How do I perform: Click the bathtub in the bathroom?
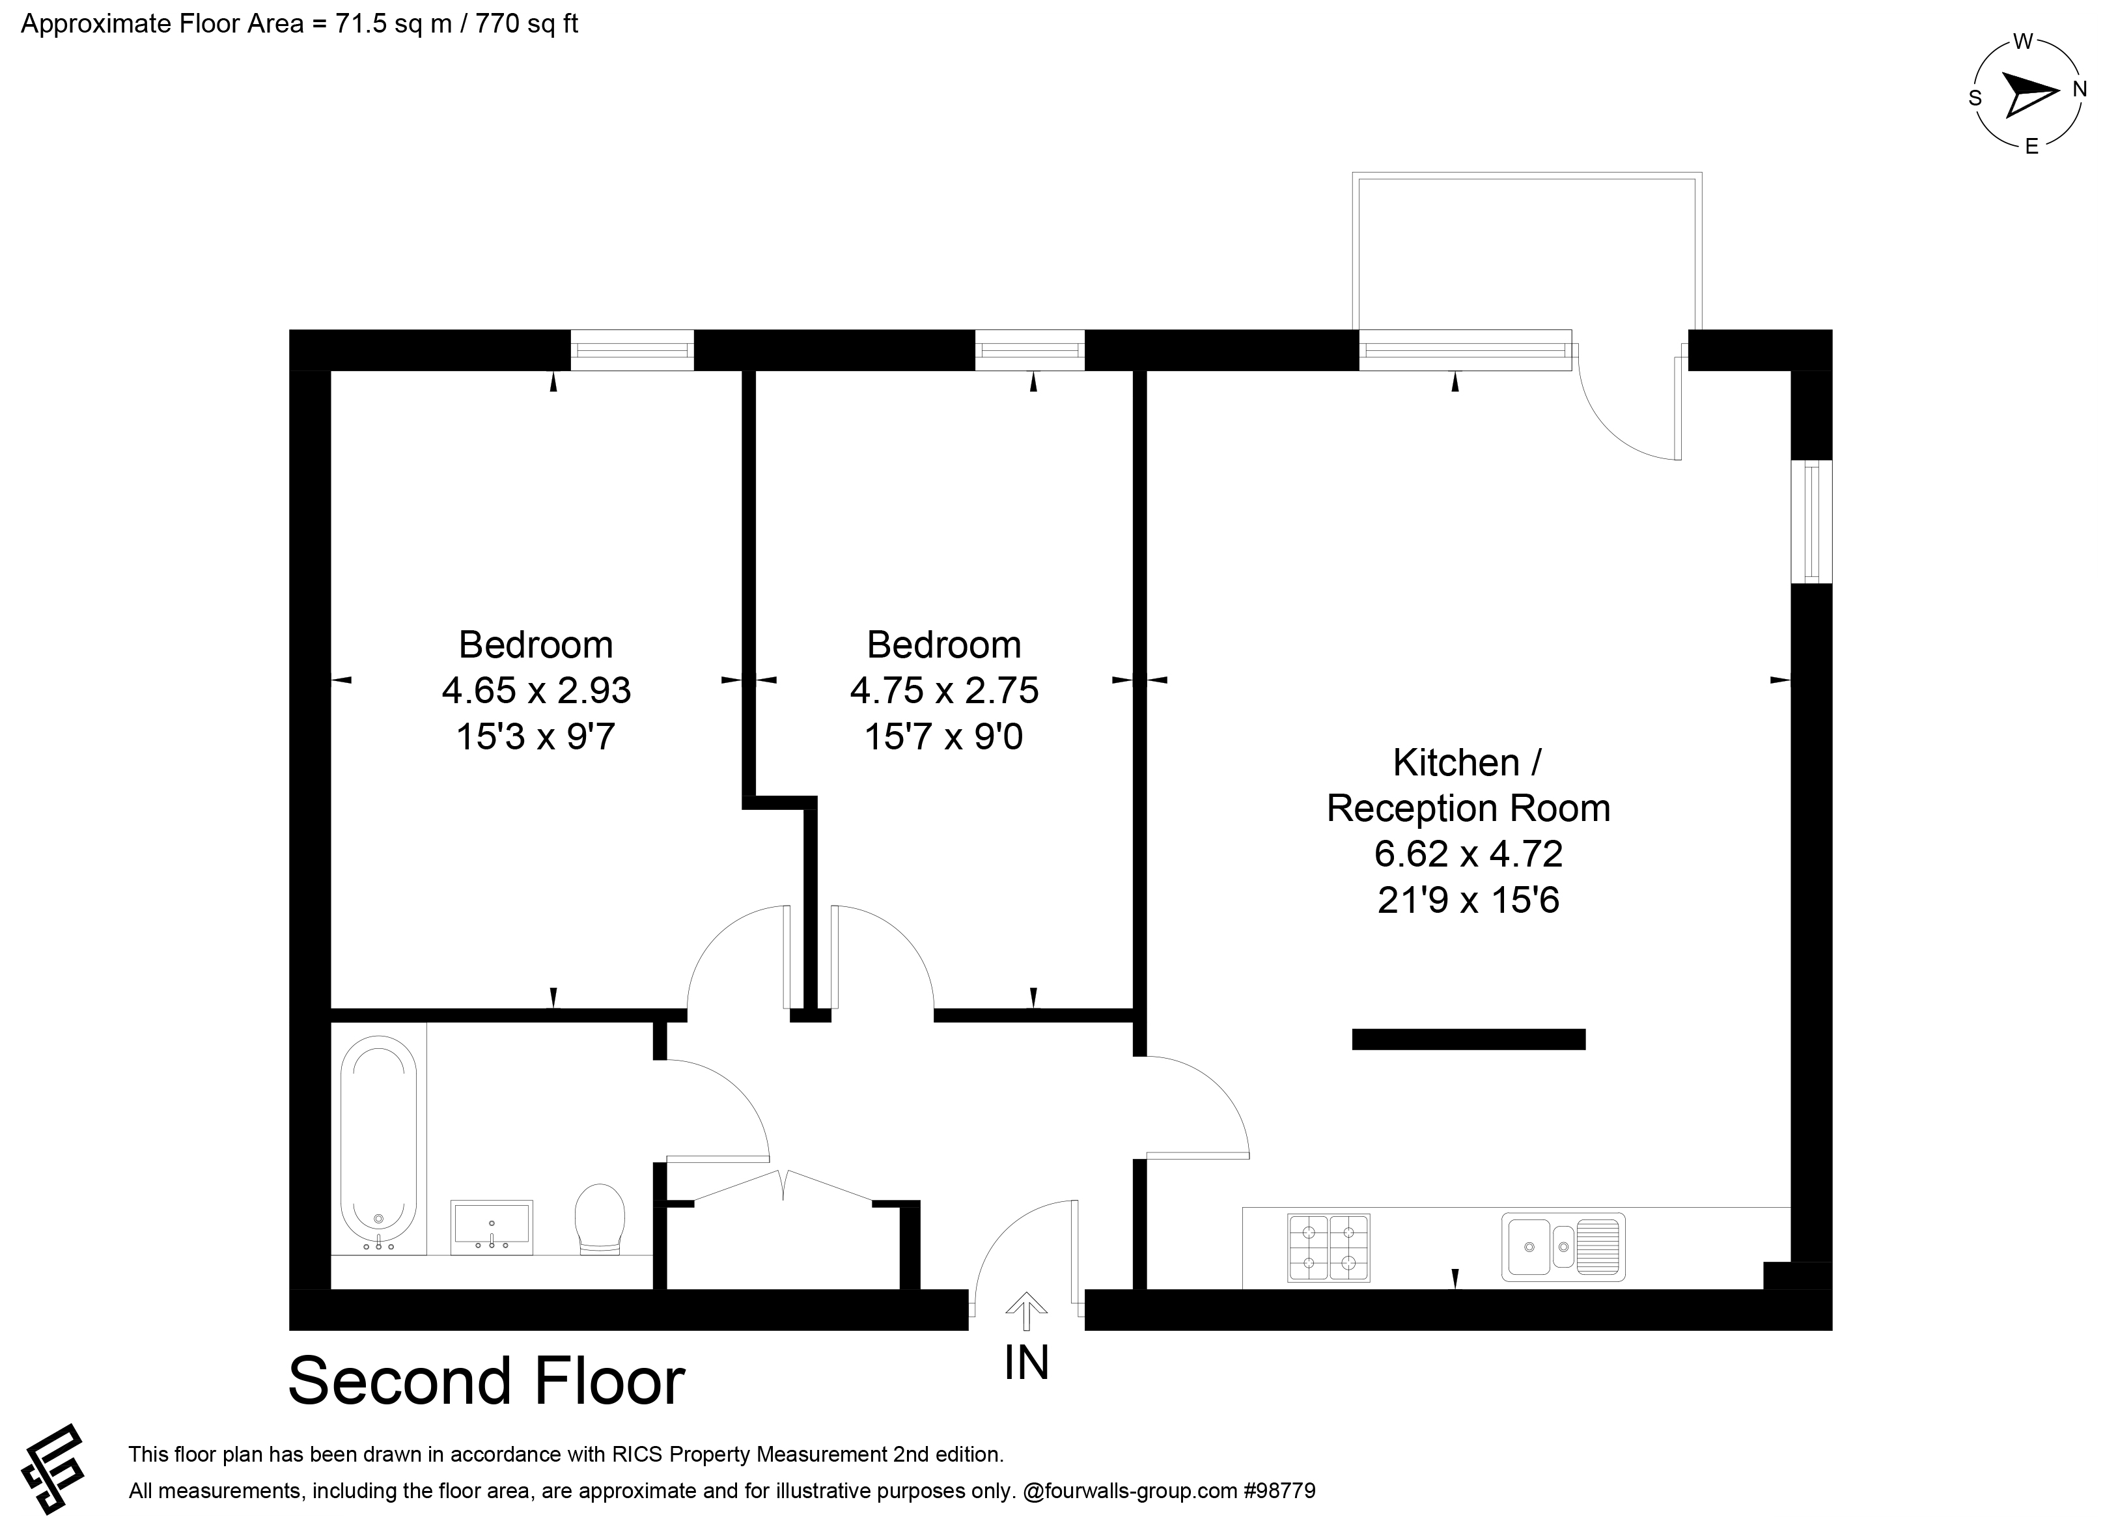[378, 1143]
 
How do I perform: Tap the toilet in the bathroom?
[600, 1218]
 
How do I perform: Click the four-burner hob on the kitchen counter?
[1328, 1247]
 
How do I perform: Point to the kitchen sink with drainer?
[1563, 1246]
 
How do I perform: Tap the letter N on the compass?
[2080, 90]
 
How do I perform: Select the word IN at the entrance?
[1026, 1363]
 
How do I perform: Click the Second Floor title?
[486, 1382]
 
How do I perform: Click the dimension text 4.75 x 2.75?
[944, 690]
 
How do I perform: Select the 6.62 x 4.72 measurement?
[1468, 853]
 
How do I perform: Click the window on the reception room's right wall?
[1812, 522]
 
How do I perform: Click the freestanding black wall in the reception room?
[1469, 1038]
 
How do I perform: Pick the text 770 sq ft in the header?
[527, 23]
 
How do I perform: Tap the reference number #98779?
[1279, 1491]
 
